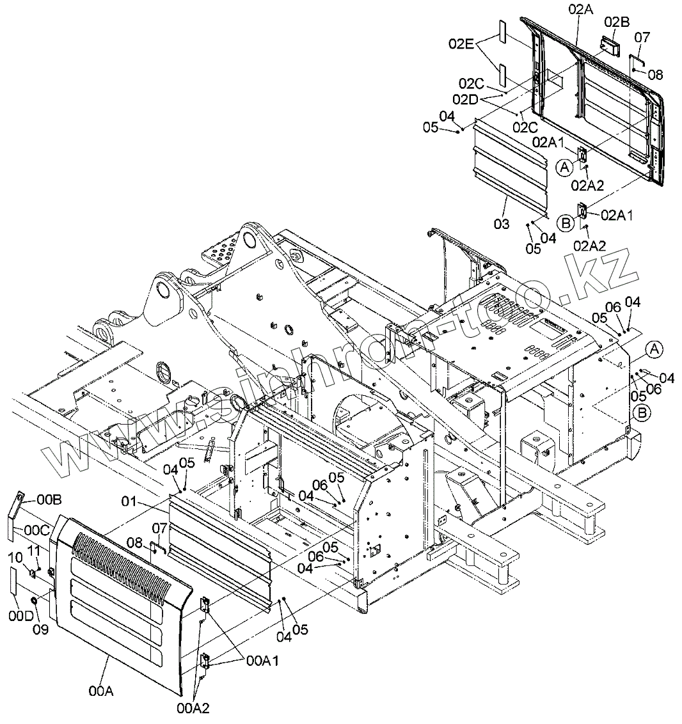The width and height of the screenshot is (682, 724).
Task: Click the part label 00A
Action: tap(101, 691)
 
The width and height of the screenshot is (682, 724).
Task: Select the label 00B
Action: tap(49, 499)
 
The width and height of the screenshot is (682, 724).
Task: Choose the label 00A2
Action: tap(193, 707)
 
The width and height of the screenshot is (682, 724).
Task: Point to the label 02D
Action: tap(465, 99)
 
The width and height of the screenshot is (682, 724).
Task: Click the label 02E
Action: tap(461, 43)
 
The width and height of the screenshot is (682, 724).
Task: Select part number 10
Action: tap(15, 558)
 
